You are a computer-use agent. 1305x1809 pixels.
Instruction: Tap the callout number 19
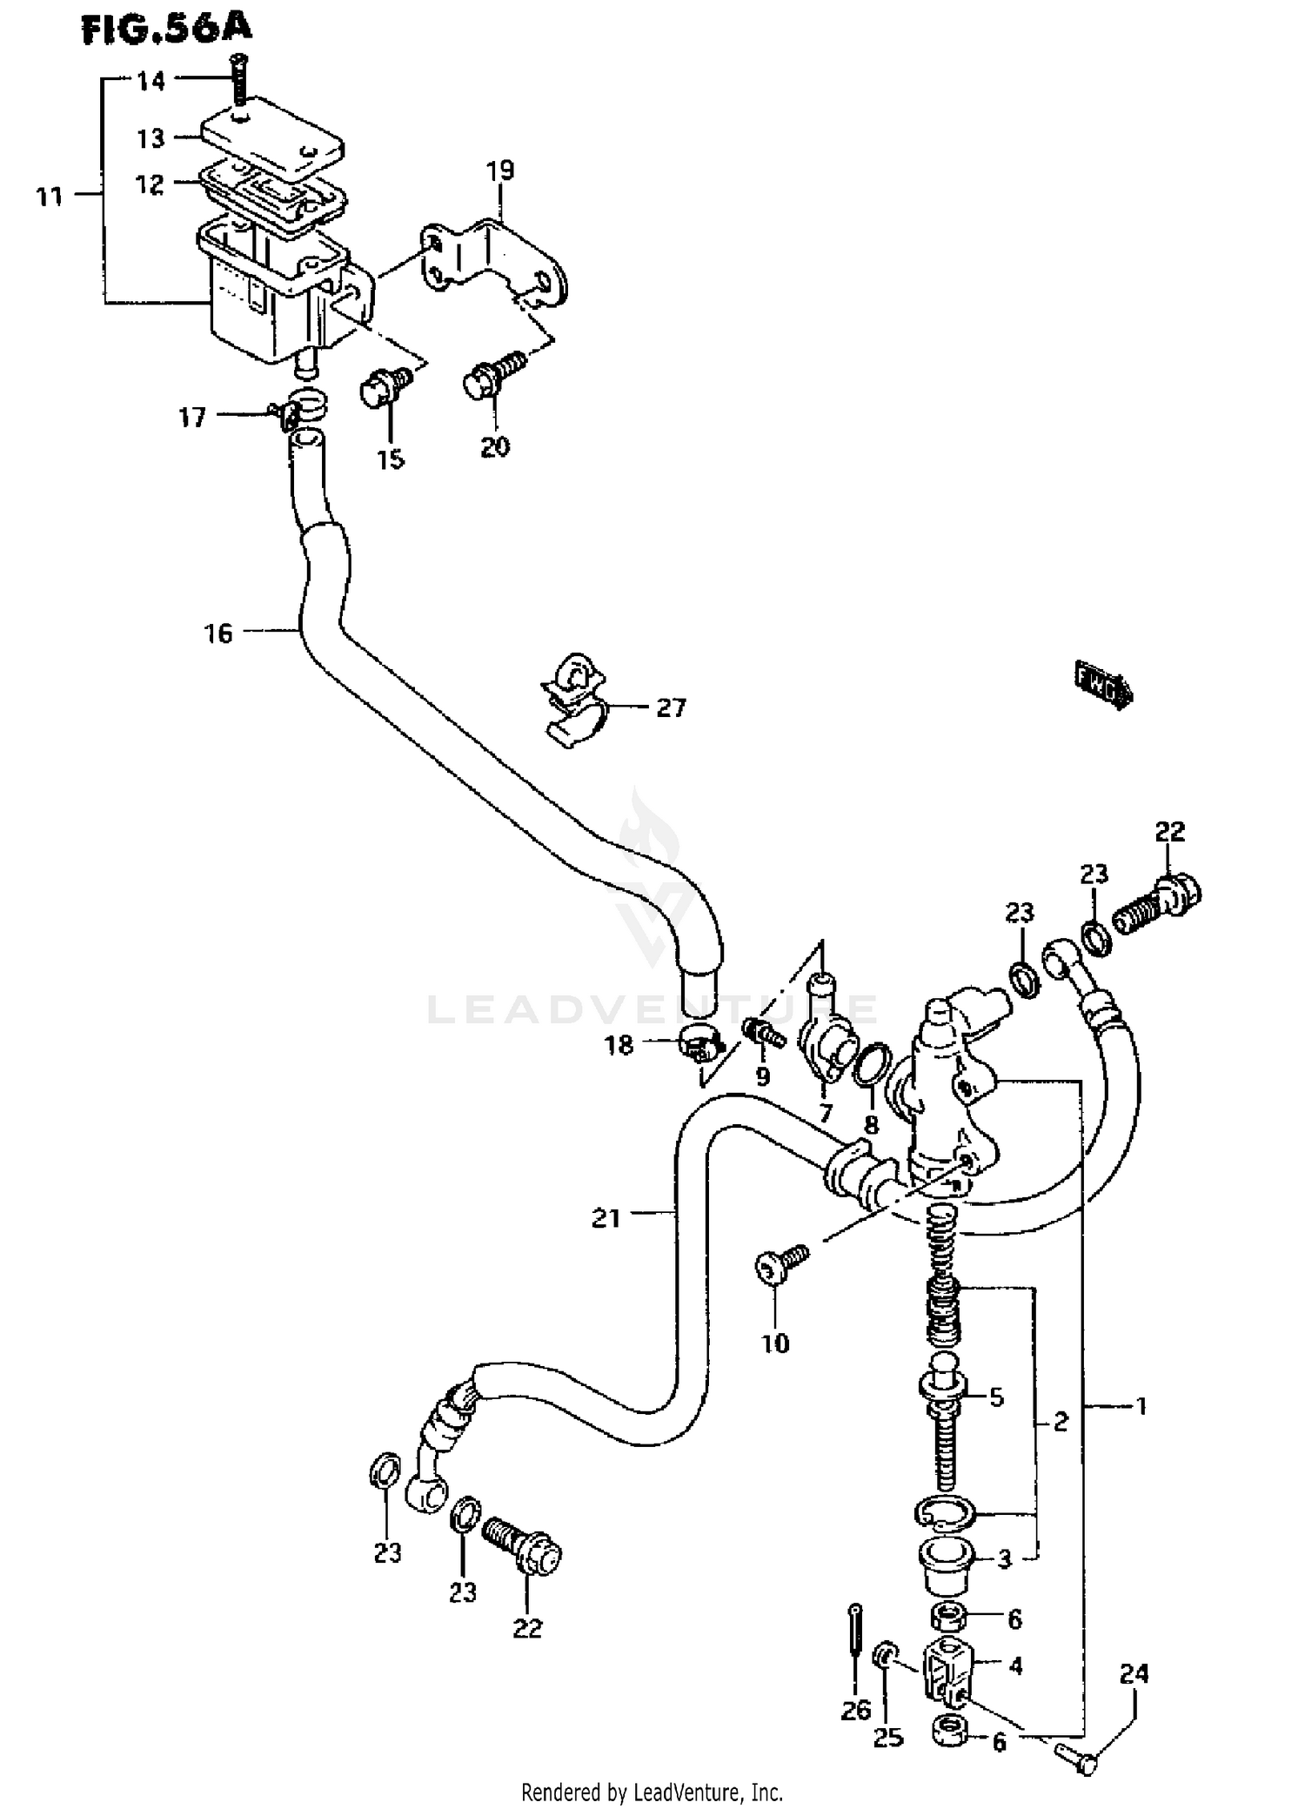pos(500,171)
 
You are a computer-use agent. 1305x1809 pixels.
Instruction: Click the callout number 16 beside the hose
pos(219,633)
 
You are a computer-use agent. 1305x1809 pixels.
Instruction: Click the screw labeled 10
pos(780,1264)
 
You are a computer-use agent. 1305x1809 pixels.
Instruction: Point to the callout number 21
pos(606,1219)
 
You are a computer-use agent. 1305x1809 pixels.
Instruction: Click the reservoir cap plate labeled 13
pos(272,137)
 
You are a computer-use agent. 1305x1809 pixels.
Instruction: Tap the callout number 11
pos(50,197)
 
